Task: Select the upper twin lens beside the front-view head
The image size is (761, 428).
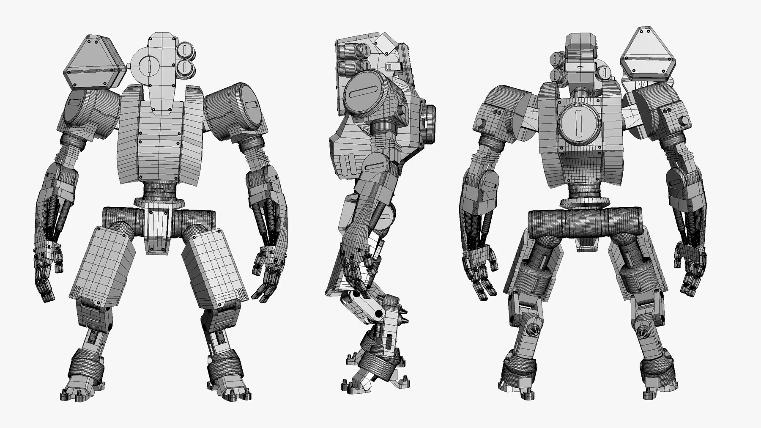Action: (185, 51)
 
